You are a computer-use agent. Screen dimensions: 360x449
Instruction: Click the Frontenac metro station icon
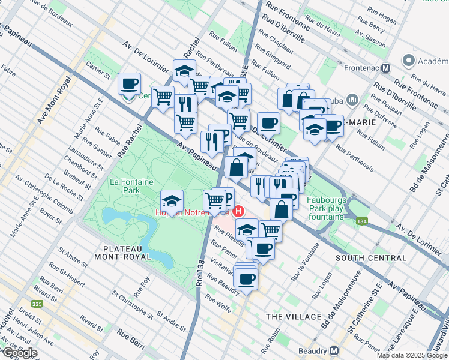tap(387, 68)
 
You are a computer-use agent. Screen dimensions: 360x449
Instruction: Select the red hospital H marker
tap(240, 211)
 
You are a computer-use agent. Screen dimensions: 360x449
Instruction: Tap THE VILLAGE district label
tap(294, 316)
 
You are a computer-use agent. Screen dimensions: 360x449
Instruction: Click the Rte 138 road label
tap(202, 276)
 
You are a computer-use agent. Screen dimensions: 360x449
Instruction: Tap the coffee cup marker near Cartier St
tap(129, 84)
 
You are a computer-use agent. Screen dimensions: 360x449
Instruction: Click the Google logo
tap(19, 353)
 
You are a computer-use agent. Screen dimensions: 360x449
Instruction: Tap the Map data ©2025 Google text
tap(411, 355)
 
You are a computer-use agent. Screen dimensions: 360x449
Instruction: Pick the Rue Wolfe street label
tap(218, 302)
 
